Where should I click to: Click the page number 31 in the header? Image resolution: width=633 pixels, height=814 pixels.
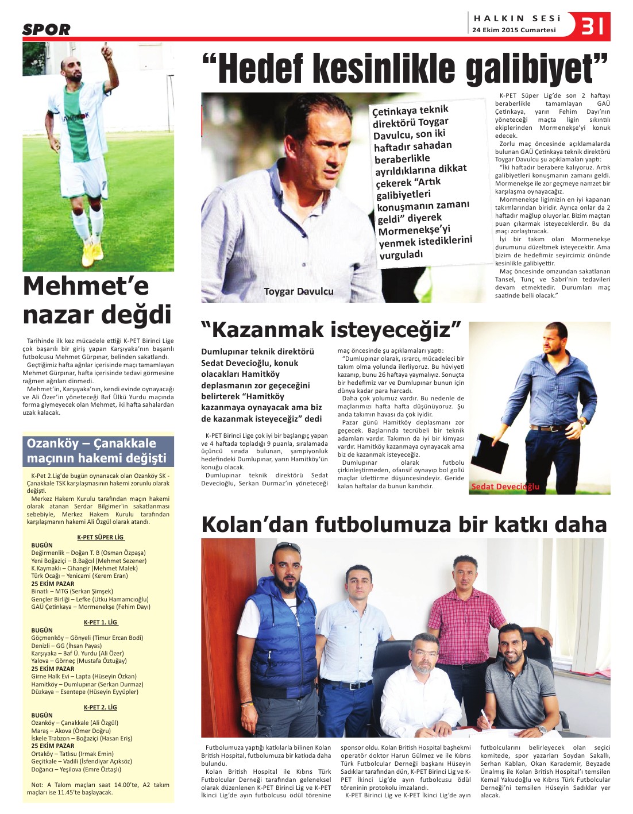point(592,25)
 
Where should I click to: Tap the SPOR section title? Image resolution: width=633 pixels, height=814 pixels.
point(47,29)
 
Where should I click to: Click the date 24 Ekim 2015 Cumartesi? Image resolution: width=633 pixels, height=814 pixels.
point(514,30)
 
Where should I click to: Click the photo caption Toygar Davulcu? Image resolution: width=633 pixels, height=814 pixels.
point(298,291)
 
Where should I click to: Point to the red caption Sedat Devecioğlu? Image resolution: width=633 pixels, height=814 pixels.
point(505,487)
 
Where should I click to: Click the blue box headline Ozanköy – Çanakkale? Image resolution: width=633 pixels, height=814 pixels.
point(91,443)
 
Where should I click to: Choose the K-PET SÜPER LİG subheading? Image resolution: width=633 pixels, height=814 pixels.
point(101,537)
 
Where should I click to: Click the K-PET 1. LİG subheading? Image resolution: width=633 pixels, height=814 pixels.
point(101,622)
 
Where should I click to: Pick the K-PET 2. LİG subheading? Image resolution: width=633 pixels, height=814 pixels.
point(101,707)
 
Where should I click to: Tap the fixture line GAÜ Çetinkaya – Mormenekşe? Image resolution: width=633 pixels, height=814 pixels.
point(90,607)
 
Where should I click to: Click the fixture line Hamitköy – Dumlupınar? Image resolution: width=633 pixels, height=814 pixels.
point(87,684)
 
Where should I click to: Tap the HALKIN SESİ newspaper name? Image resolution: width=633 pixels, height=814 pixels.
point(516,18)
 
